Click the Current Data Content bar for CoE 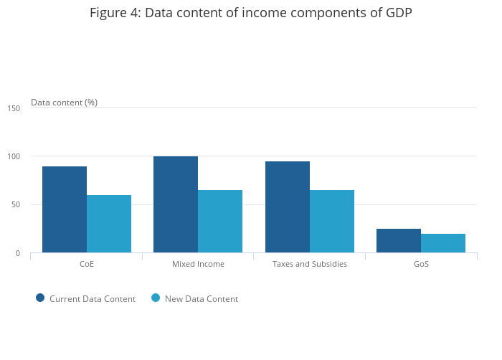point(65,209)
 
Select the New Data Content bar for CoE point(109,224)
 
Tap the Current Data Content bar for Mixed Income point(176,204)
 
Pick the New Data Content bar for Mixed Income point(220,221)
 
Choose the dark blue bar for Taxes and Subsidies point(288,207)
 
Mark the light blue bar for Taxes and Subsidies point(332,221)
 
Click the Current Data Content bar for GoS point(399,241)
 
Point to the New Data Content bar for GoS point(443,243)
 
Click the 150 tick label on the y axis point(14,108)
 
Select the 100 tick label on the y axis point(14,156)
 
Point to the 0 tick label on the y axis point(18,253)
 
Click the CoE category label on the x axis point(87,264)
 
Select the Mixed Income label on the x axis point(198,264)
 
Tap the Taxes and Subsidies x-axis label point(310,264)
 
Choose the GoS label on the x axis point(421,264)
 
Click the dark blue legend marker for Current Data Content point(40,298)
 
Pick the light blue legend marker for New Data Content point(156,298)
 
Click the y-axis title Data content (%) point(64,103)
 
